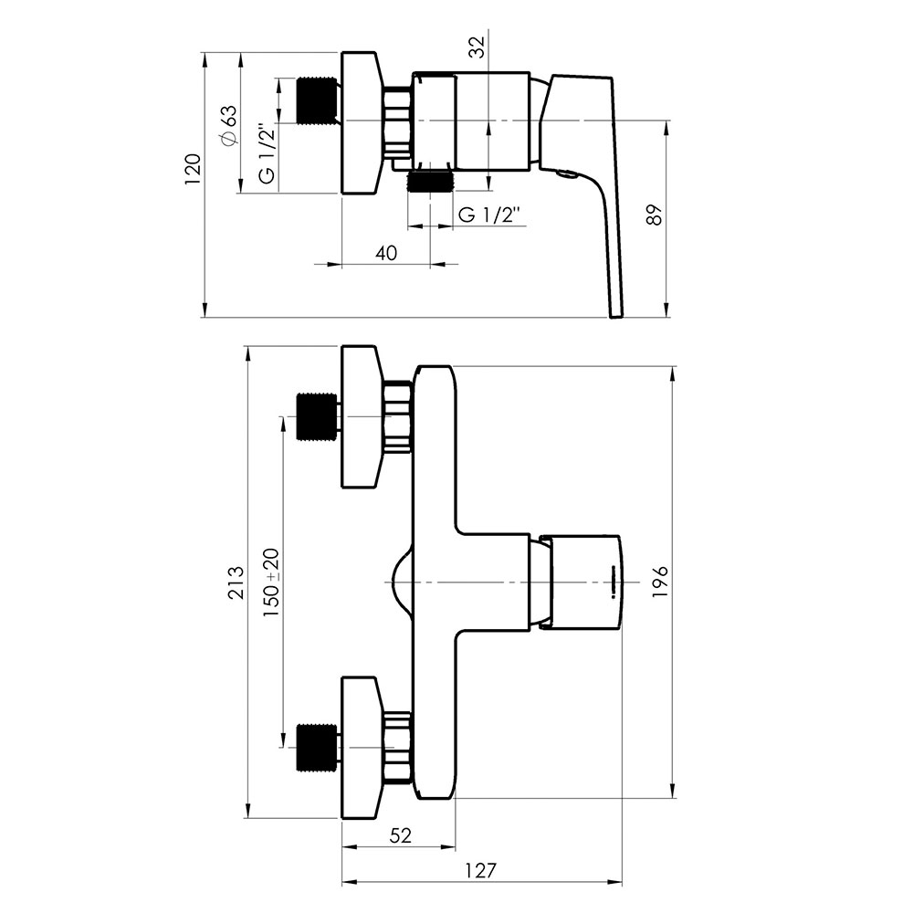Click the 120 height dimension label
(x=193, y=169)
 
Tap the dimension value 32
(x=477, y=47)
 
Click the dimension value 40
(x=386, y=253)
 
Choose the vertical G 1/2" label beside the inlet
(x=267, y=152)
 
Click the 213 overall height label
(x=236, y=582)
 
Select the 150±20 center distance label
(x=271, y=582)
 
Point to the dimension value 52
(x=401, y=835)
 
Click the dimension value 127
(x=481, y=870)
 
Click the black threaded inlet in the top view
(x=318, y=100)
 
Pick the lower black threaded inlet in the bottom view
(x=318, y=748)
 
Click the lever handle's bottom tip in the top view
(x=616, y=316)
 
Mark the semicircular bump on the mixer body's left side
(x=400, y=582)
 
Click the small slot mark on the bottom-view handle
(x=614, y=582)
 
